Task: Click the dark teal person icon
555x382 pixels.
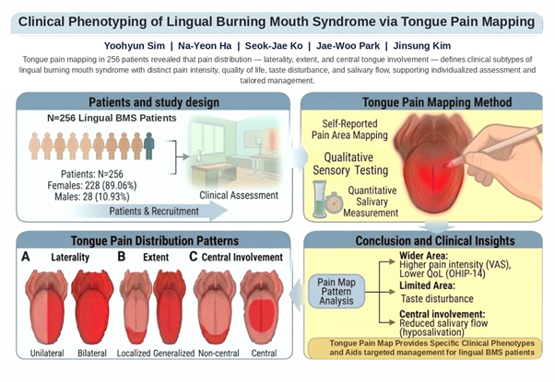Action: [149, 146]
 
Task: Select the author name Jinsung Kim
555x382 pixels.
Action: [422, 46]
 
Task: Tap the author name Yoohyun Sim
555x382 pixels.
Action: [135, 46]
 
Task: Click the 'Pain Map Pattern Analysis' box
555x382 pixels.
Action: [337, 292]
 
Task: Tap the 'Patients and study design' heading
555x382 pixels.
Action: [154, 102]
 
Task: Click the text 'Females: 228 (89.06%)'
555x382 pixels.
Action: [92, 185]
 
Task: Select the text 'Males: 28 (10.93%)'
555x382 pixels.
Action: [92, 196]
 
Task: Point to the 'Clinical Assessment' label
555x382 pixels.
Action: [239, 195]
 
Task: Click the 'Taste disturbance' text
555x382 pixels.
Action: [437, 298]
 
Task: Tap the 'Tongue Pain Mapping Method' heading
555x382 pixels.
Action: [437, 102]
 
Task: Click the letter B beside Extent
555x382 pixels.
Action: [122, 256]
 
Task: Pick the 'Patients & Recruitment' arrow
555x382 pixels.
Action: [148, 211]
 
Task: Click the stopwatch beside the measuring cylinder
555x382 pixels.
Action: [334, 203]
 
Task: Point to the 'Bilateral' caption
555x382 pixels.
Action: [92, 353]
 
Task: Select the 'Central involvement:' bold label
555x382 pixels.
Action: [443, 314]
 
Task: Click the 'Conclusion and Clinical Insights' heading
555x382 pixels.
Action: [435, 240]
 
